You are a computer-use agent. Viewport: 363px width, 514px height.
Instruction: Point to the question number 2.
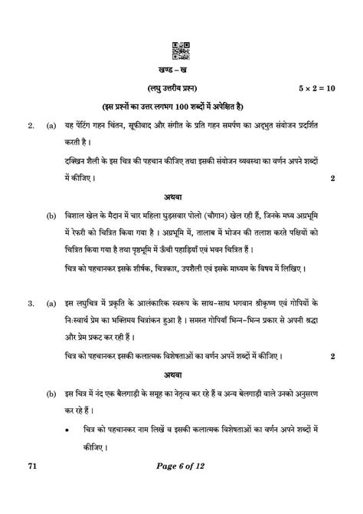tap(28, 123)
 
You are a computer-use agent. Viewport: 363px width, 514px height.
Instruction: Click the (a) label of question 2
tap(51, 123)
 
